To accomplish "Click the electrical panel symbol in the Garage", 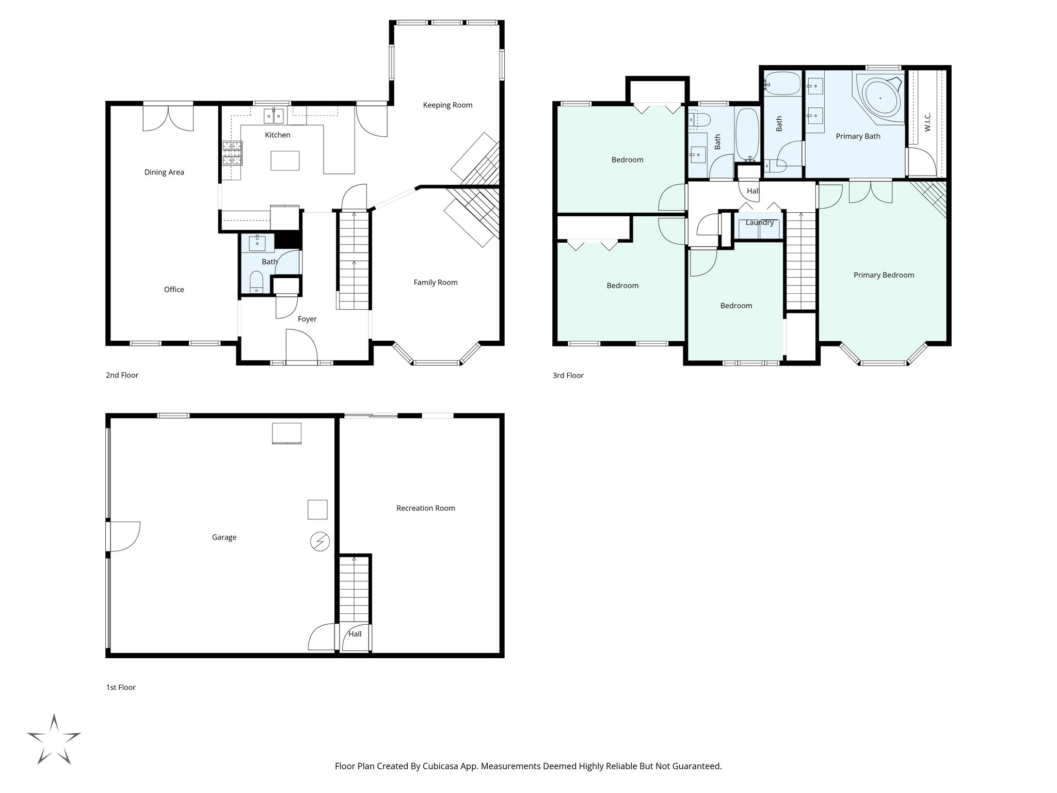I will click(x=320, y=542).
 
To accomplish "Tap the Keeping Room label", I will click(x=447, y=105).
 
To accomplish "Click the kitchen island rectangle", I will click(x=285, y=161).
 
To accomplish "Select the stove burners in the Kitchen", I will click(x=232, y=153).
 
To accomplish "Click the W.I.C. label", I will click(x=927, y=122).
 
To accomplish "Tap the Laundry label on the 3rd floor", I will click(x=759, y=223).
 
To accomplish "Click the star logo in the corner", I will click(x=54, y=739).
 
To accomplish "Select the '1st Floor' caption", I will click(x=121, y=687).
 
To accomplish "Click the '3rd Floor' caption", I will click(x=568, y=375).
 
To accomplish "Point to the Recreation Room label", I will click(x=425, y=508).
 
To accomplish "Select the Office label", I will click(x=174, y=290).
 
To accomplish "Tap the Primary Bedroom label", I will click(x=884, y=275).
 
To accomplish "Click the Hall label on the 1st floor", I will click(x=355, y=634).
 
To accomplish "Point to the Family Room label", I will click(x=435, y=282).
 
